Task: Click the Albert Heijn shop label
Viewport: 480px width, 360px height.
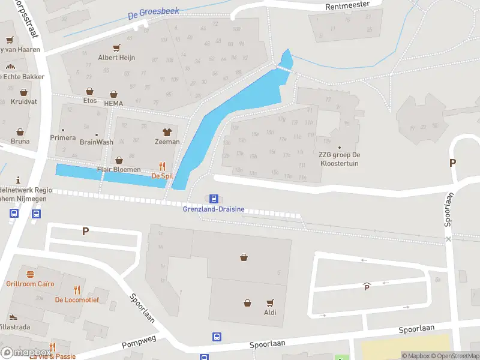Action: [116, 58]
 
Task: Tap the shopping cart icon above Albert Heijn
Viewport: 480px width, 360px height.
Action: [116, 47]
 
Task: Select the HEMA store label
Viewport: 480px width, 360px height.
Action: [113, 103]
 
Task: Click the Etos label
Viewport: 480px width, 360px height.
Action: [91, 101]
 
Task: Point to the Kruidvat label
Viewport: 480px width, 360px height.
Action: [23, 101]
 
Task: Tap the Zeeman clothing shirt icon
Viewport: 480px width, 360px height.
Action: [167, 132]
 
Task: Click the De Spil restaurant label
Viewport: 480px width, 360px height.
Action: [162, 176]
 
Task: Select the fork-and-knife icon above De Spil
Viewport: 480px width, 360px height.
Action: [162, 166]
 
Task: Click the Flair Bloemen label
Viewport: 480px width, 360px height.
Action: [119, 169]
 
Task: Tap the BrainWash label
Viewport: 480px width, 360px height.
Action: [96, 142]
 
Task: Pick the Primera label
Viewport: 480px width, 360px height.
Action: [62, 137]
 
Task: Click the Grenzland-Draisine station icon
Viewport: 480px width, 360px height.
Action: [213, 199]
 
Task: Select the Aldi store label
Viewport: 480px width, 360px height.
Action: [271, 313]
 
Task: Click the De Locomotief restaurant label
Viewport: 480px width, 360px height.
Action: [76, 299]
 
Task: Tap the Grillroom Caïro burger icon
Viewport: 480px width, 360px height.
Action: [30, 274]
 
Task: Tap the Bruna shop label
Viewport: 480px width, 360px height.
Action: [20, 142]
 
